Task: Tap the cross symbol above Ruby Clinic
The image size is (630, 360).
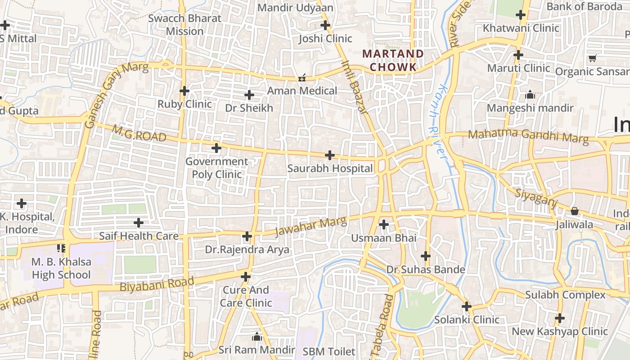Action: point(184,91)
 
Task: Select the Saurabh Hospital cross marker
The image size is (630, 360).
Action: point(330,155)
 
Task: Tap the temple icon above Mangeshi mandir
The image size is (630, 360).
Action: point(530,95)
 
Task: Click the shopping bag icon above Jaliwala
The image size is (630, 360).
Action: point(575,211)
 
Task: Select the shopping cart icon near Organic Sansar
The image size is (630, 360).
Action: point(592,58)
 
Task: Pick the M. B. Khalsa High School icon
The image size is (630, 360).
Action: point(61,248)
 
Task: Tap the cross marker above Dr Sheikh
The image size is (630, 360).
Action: point(249,95)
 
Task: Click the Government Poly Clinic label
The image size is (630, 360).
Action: point(216,168)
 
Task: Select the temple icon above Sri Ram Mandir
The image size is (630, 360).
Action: point(257,337)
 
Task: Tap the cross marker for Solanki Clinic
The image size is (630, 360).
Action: point(467,307)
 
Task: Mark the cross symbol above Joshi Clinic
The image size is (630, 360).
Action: point(325,25)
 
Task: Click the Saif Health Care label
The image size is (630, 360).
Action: point(139,236)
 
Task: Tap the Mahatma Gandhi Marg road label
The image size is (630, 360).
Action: point(528,136)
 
